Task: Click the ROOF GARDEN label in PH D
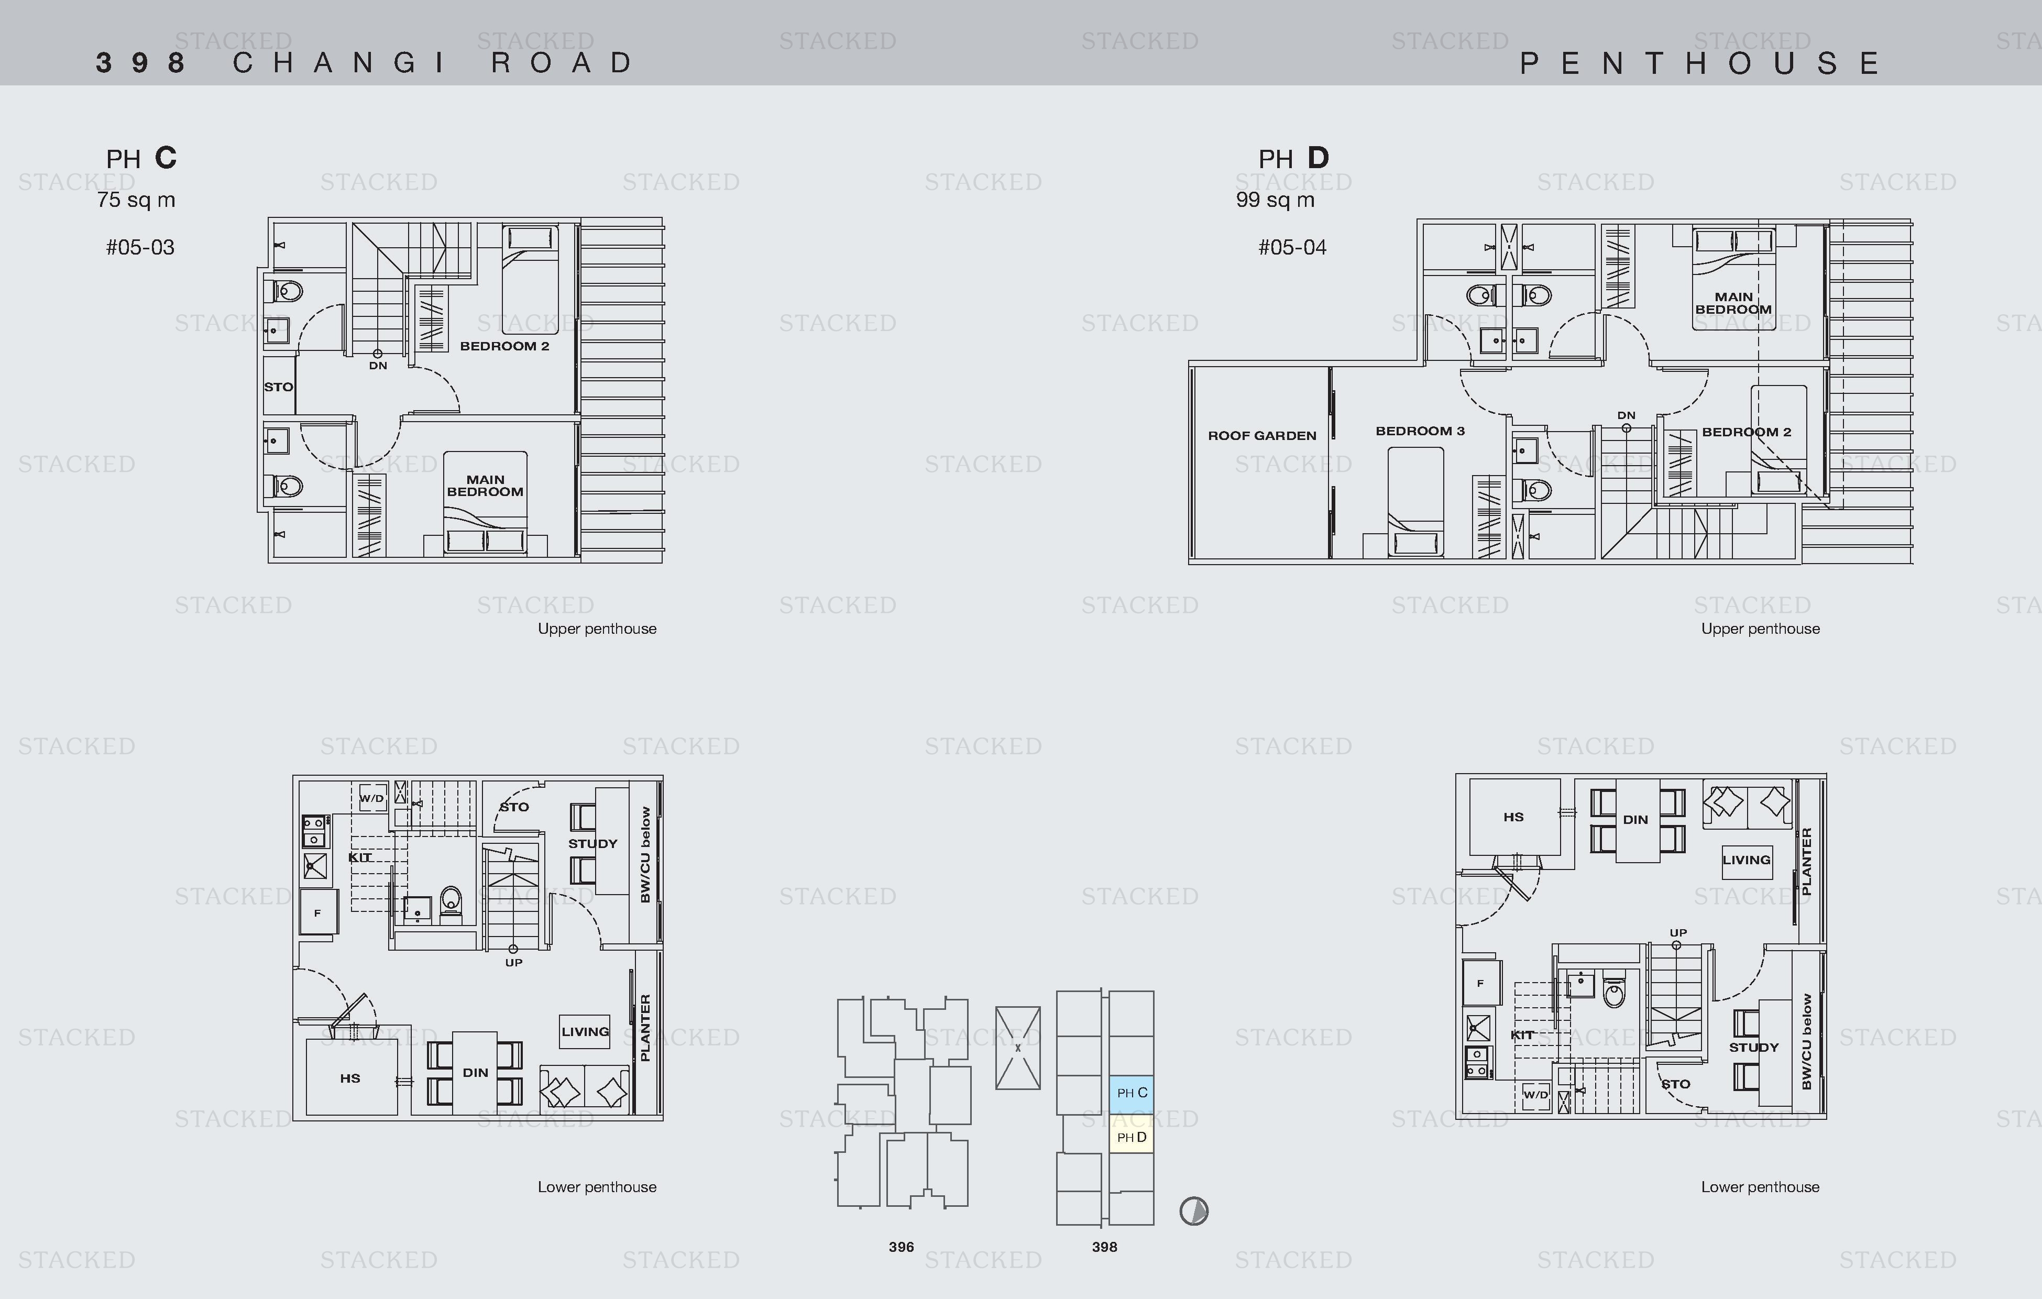(x=1262, y=436)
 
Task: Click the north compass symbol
(x=1194, y=1211)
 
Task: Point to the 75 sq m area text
(x=136, y=200)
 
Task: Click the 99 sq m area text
(x=1276, y=200)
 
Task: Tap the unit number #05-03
(x=140, y=248)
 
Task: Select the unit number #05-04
(x=1292, y=248)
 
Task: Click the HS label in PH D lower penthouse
(x=1514, y=818)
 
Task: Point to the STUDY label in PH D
(x=1754, y=1047)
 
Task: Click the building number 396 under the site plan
(x=902, y=1247)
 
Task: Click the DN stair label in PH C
(x=378, y=366)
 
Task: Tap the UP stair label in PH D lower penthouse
(x=1678, y=933)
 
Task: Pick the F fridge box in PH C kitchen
(x=318, y=913)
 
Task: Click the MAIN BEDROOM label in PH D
(x=1733, y=303)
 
